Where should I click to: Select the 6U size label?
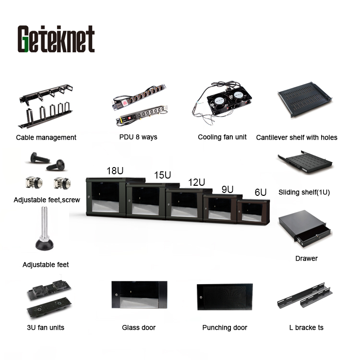[261, 192]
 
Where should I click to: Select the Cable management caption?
[46, 138]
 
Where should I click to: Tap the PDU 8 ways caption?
[138, 137]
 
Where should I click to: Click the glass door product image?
[139, 295]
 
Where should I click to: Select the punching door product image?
[225, 297]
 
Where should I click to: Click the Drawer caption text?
[306, 259]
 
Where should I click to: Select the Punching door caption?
[225, 328]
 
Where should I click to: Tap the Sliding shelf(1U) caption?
[304, 192]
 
